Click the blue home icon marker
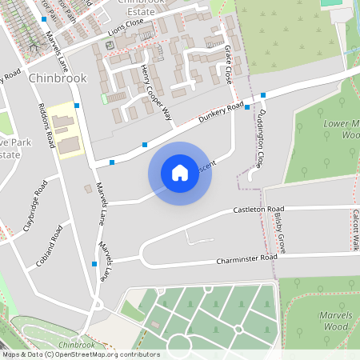pyautogui.click(x=179, y=173)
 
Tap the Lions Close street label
pyautogui.click(x=126, y=29)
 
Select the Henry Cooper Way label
pyautogui.click(x=157, y=93)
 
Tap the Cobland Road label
pyautogui.click(x=50, y=246)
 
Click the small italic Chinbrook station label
pyautogui.click(x=76, y=345)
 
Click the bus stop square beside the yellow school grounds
pyautogui.click(x=77, y=106)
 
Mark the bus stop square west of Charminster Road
pyautogui.click(x=94, y=263)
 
